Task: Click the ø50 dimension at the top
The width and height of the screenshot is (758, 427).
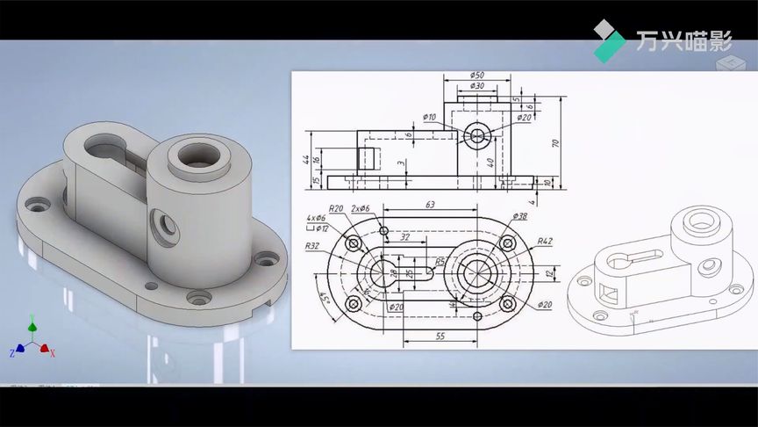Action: coord(477,75)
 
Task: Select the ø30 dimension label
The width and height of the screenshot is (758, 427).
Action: coord(477,86)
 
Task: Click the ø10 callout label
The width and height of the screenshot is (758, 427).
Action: coord(429,116)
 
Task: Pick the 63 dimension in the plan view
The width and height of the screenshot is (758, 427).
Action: coord(430,205)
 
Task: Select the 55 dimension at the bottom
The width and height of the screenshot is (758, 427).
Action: coord(440,337)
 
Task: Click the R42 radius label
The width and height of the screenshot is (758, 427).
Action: coord(544,241)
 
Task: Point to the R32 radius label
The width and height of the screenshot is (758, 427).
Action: coord(312,247)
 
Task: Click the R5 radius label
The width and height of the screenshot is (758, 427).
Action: coord(440,261)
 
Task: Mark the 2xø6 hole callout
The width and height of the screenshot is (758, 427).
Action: coord(360,208)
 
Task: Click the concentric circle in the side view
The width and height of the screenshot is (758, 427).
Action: coord(477,135)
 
